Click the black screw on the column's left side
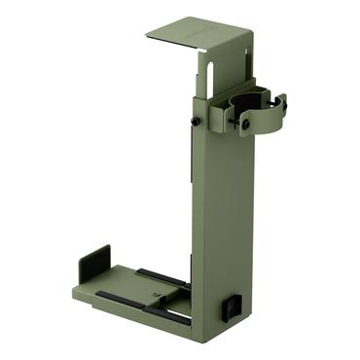(195, 121)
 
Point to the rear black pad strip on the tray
(161, 276)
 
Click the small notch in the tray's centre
(156, 289)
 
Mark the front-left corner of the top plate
(148, 36)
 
